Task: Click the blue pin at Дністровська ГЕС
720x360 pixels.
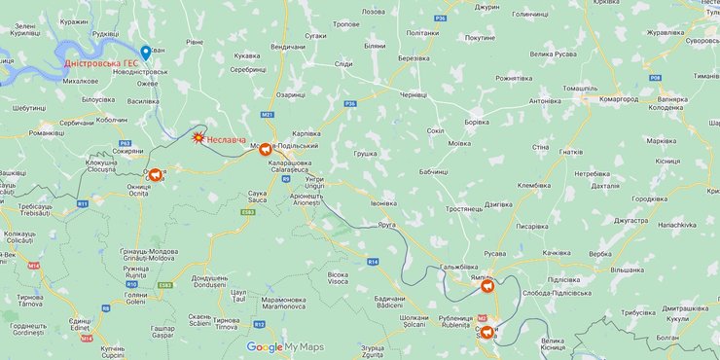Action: (x=146, y=53)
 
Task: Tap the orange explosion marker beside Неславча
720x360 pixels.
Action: (x=198, y=139)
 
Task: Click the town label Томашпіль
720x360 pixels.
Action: (x=580, y=88)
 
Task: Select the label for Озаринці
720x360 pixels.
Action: (x=291, y=94)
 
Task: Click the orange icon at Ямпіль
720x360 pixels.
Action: (x=487, y=286)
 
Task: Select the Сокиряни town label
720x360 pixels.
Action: (x=127, y=151)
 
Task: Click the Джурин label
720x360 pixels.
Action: (x=488, y=7)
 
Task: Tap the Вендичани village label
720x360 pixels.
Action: (x=288, y=46)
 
